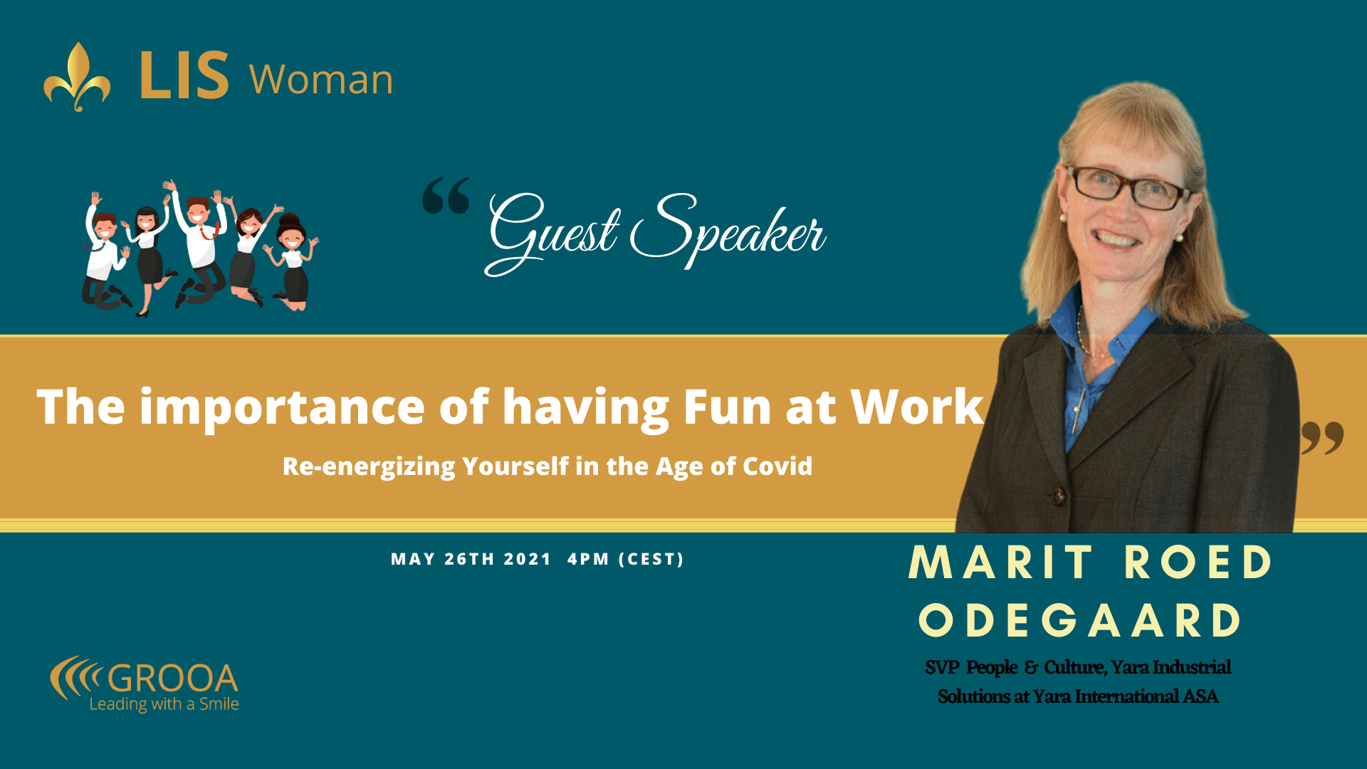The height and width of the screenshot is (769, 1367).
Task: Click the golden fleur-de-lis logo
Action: tap(77, 77)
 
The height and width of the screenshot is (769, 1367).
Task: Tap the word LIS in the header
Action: tap(184, 75)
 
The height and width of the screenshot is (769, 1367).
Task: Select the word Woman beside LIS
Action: tap(321, 79)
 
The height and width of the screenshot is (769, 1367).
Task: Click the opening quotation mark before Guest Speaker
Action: tap(446, 196)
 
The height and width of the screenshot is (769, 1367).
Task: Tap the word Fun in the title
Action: tap(727, 407)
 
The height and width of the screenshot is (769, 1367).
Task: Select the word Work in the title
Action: tap(917, 407)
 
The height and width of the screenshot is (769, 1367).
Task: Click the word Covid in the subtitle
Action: tap(777, 466)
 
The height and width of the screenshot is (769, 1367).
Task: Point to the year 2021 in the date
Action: tap(528, 560)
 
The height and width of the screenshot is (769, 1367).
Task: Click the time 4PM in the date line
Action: tap(588, 560)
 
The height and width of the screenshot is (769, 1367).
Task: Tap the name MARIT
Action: tap(1000, 563)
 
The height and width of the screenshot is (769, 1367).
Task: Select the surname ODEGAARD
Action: tap(1079, 620)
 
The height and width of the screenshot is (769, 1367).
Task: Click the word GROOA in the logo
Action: tap(172, 678)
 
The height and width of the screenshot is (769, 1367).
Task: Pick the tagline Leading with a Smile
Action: tap(164, 704)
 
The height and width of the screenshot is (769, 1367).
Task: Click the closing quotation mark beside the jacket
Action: tap(1322, 437)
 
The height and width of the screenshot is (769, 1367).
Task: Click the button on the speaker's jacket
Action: tap(1059, 495)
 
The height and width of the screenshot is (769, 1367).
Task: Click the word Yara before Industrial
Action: tap(1130, 667)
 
